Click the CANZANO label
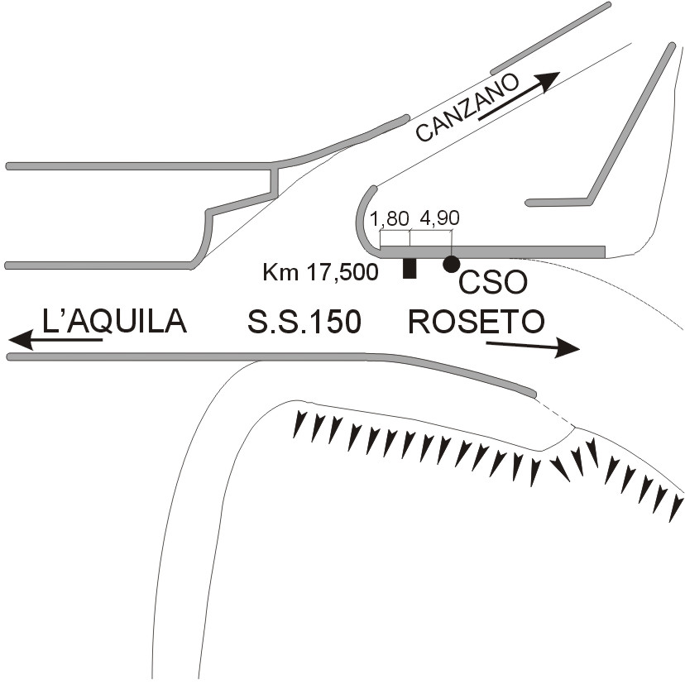click(x=467, y=108)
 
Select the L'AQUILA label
click(x=114, y=321)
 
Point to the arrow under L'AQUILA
click(x=55, y=339)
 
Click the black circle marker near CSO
click(x=451, y=264)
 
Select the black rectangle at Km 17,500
click(x=409, y=268)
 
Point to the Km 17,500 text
click(x=319, y=271)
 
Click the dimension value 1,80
click(x=390, y=219)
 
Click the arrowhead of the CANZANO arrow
click(x=549, y=78)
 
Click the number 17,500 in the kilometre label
click(x=337, y=271)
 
